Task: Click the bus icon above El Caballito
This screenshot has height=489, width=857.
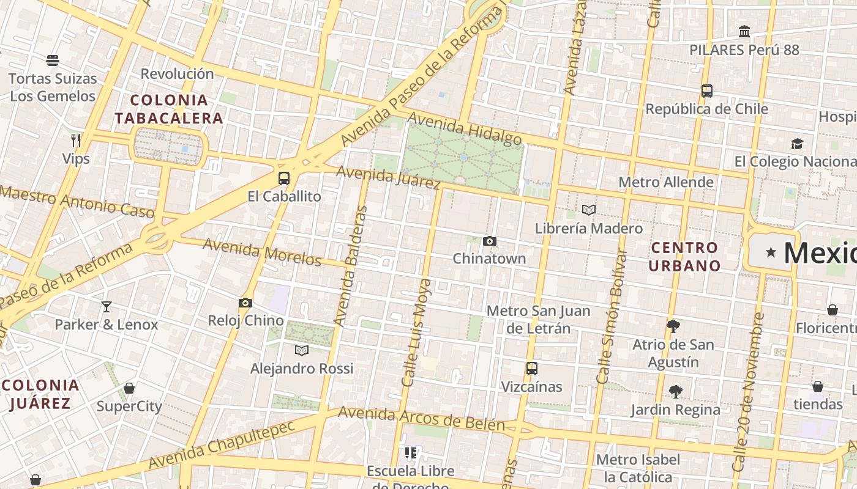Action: click(x=283, y=178)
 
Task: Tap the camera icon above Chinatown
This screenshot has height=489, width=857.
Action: click(x=489, y=241)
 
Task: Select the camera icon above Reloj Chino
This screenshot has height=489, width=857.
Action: click(x=245, y=303)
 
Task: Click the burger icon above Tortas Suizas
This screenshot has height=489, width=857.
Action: click(x=53, y=61)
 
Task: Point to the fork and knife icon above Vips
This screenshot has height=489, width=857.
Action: click(x=76, y=141)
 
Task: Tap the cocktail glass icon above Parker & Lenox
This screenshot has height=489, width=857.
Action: click(x=107, y=306)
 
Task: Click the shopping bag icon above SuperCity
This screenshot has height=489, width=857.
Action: click(x=129, y=388)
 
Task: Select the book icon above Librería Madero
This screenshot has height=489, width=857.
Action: click(x=589, y=210)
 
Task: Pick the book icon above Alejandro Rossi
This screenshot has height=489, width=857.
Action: click(x=302, y=350)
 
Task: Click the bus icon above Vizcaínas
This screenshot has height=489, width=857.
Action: click(x=531, y=369)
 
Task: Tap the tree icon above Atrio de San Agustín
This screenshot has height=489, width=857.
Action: click(x=673, y=326)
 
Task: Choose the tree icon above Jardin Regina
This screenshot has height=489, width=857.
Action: click(x=676, y=391)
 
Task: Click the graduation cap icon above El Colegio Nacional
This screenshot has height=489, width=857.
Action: click(x=797, y=144)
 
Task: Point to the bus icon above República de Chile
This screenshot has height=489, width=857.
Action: click(x=707, y=91)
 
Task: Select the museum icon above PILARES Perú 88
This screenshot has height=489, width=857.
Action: click(x=744, y=31)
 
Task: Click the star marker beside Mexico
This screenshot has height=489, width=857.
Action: click(x=771, y=252)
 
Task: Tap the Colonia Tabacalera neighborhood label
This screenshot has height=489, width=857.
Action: click(x=169, y=109)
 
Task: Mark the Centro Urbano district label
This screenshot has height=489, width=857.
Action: click(x=684, y=257)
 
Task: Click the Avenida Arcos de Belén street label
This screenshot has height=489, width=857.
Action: click(x=421, y=419)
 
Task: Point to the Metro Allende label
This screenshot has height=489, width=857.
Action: click(x=666, y=182)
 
